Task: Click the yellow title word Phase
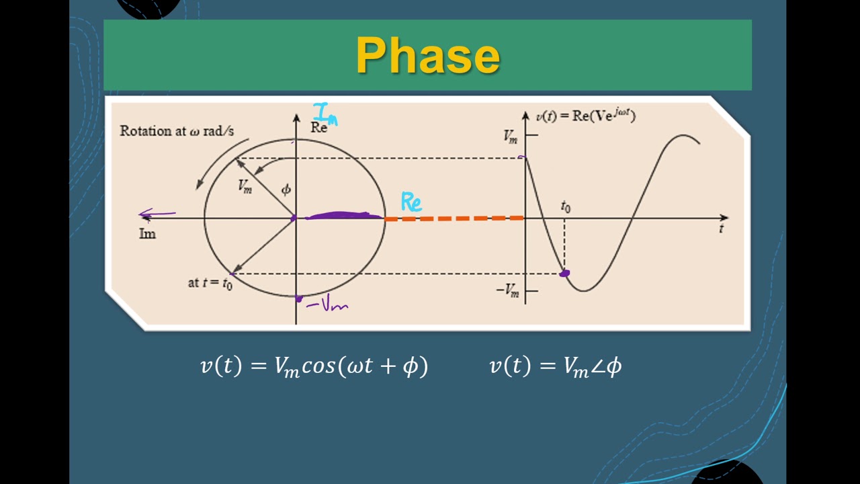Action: pos(428,55)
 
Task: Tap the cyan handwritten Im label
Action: pos(325,114)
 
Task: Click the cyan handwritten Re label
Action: pos(411,202)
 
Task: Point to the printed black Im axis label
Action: pos(147,234)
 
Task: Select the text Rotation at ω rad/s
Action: pos(177,131)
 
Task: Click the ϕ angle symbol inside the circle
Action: pos(286,190)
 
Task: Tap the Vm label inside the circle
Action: pos(245,187)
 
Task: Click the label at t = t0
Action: pos(210,283)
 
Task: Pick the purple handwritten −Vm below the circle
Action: pos(327,305)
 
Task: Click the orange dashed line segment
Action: pos(454,218)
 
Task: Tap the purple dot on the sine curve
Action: pos(564,273)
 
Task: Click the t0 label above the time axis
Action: pos(566,207)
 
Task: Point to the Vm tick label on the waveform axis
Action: pos(511,136)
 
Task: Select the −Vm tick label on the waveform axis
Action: pos(508,290)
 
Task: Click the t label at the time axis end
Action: pos(721,229)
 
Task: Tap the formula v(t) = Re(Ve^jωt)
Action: pos(585,116)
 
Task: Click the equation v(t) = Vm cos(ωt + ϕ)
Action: pos(314,366)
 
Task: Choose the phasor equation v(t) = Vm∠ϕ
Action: pos(556,366)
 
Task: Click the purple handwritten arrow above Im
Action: pos(157,214)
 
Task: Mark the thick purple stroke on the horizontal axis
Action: pos(343,216)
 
